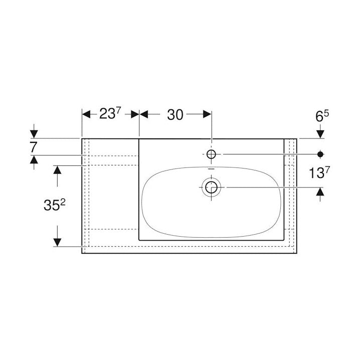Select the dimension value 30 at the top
coord(174,114)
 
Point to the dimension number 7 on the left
coord(34,147)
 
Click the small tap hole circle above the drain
coord(211,154)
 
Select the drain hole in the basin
coord(211,188)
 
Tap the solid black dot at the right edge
coord(320,153)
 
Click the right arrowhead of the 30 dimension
coord(207,114)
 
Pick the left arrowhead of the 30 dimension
coord(144,114)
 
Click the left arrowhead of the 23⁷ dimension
coord(86,114)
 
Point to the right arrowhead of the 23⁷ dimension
coord(135,114)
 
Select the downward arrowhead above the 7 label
coord(34,134)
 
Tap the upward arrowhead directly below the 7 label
coord(34,159)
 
